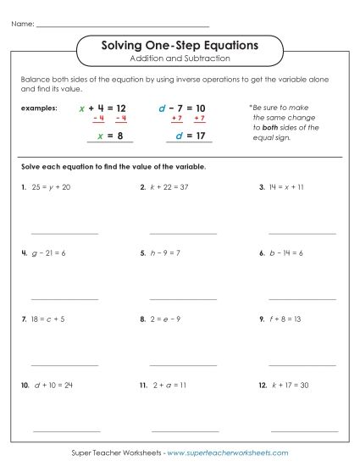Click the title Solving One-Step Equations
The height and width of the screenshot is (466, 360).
tap(180, 43)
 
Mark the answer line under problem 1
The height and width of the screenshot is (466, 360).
tap(64, 233)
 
